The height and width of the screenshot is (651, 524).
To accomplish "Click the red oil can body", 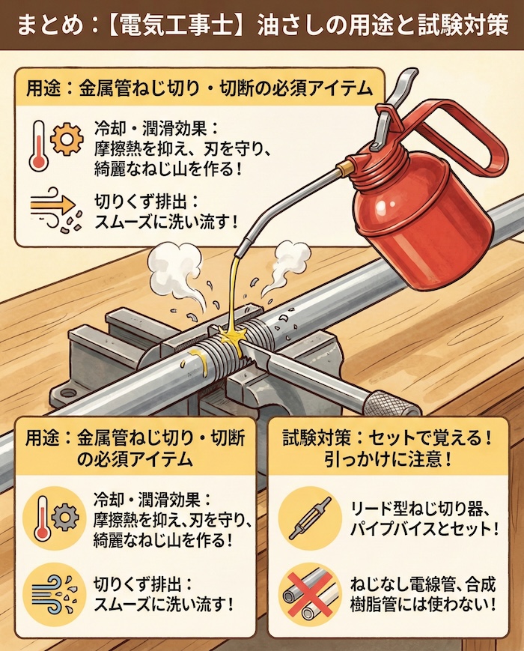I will [419, 225].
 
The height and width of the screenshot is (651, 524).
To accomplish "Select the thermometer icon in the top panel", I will [36, 142].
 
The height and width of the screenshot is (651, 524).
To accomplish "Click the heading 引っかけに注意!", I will [390, 458].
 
